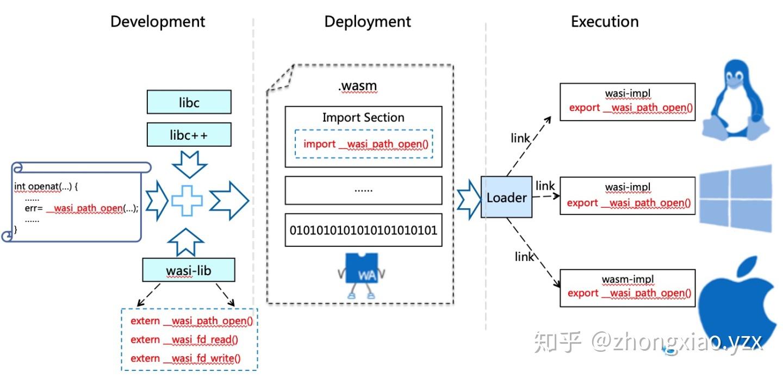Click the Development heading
pos(158,22)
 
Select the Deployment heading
pos(368,22)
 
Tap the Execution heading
pos(604,22)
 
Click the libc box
pos(189,102)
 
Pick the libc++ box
pos(189,135)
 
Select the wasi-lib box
pos(189,270)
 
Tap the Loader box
pos(506,197)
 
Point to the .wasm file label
pos(357,86)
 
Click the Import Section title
pos(363,117)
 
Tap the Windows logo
pos(735,198)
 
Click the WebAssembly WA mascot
pos(361,275)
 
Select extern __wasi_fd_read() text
pos(184,339)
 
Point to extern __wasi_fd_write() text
pos(185,358)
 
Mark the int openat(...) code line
pos(47,187)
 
